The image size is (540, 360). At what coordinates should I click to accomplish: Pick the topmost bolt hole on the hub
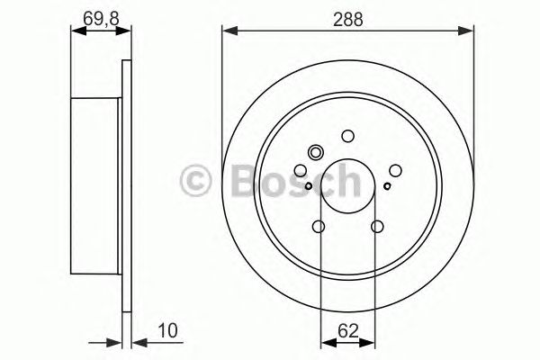coord(347,137)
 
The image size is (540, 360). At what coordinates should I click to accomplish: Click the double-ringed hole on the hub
coord(316,152)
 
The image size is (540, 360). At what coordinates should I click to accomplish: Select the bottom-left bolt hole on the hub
coord(319,227)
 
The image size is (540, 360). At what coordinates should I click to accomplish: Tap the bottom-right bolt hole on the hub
coord(376,227)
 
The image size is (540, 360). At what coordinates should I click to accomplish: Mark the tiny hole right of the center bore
coord(387,186)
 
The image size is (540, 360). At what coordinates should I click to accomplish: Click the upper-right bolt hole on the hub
coord(395,168)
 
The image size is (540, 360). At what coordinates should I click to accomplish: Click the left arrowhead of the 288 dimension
coord(228,31)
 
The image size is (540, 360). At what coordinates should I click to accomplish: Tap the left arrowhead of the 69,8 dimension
coord(76,31)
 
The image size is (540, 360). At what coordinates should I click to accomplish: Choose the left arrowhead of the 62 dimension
coord(326,342)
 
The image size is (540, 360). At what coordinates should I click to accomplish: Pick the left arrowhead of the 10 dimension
coord(117,342)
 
